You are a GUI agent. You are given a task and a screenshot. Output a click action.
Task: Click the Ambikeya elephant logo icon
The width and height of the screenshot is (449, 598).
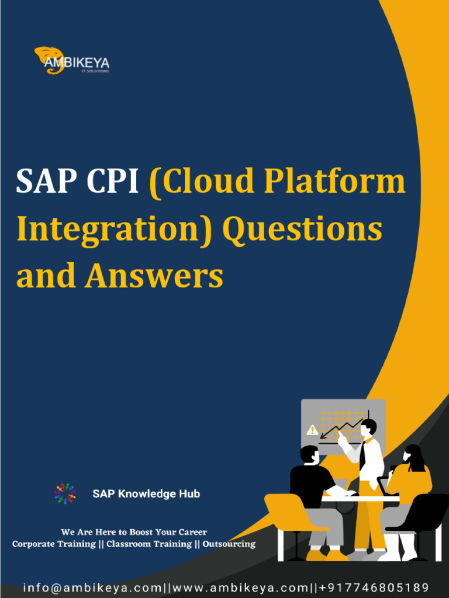point(47,59)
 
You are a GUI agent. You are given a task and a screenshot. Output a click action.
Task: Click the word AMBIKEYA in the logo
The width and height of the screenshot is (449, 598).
point(77,62)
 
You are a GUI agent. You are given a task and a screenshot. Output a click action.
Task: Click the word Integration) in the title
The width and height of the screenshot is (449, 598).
point(115,229)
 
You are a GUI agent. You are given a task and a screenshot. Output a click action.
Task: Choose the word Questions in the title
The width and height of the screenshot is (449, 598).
point(303,229)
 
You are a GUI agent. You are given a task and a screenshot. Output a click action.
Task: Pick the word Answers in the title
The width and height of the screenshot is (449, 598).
point(154,276)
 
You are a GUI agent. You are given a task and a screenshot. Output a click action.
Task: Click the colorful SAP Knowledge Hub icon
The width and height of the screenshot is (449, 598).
point(65,494)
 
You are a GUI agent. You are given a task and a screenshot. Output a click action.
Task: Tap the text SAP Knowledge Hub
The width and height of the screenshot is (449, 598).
point(146,494)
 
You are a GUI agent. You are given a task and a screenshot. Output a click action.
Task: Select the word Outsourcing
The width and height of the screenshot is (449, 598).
point(229,544)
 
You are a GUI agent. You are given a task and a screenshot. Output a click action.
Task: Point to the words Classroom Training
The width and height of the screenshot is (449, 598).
point(148,544)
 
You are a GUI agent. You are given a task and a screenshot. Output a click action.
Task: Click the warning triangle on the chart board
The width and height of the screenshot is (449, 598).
point(312,430)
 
